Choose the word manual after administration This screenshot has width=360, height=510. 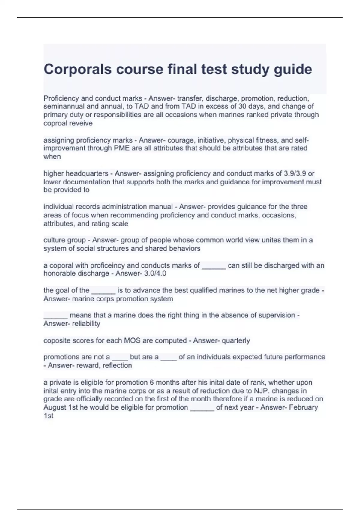(162, 207)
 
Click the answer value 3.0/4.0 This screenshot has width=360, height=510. (155, 274)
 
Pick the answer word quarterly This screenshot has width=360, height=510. (236, 341)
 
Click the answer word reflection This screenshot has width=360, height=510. (117, 365)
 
